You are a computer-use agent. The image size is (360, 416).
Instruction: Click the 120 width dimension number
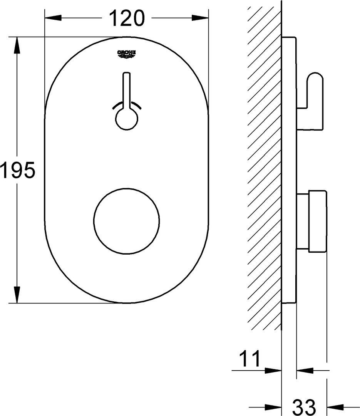pyautogui.click(x=127, y=18)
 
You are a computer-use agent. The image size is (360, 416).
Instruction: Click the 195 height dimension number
pyautogui.click(x=17, y=170)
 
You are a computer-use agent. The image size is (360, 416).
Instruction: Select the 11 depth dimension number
pyautogui.click(x=249, y=358)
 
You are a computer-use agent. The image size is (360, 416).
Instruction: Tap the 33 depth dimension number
pyautogui.click(x=304, y=406)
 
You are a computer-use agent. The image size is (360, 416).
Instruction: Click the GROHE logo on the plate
pyautogui.click(x=127, y=54)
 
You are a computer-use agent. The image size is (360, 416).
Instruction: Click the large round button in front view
pyautogui.click(x=127, y=221)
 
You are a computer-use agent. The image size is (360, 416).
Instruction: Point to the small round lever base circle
pyautogui.click(x=127, y=119)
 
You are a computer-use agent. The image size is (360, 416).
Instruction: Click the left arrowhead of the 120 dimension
pyautogui.click(x=53, y=18)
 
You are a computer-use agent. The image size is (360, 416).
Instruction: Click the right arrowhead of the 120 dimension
pyautogui.click(x=200, y=18)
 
